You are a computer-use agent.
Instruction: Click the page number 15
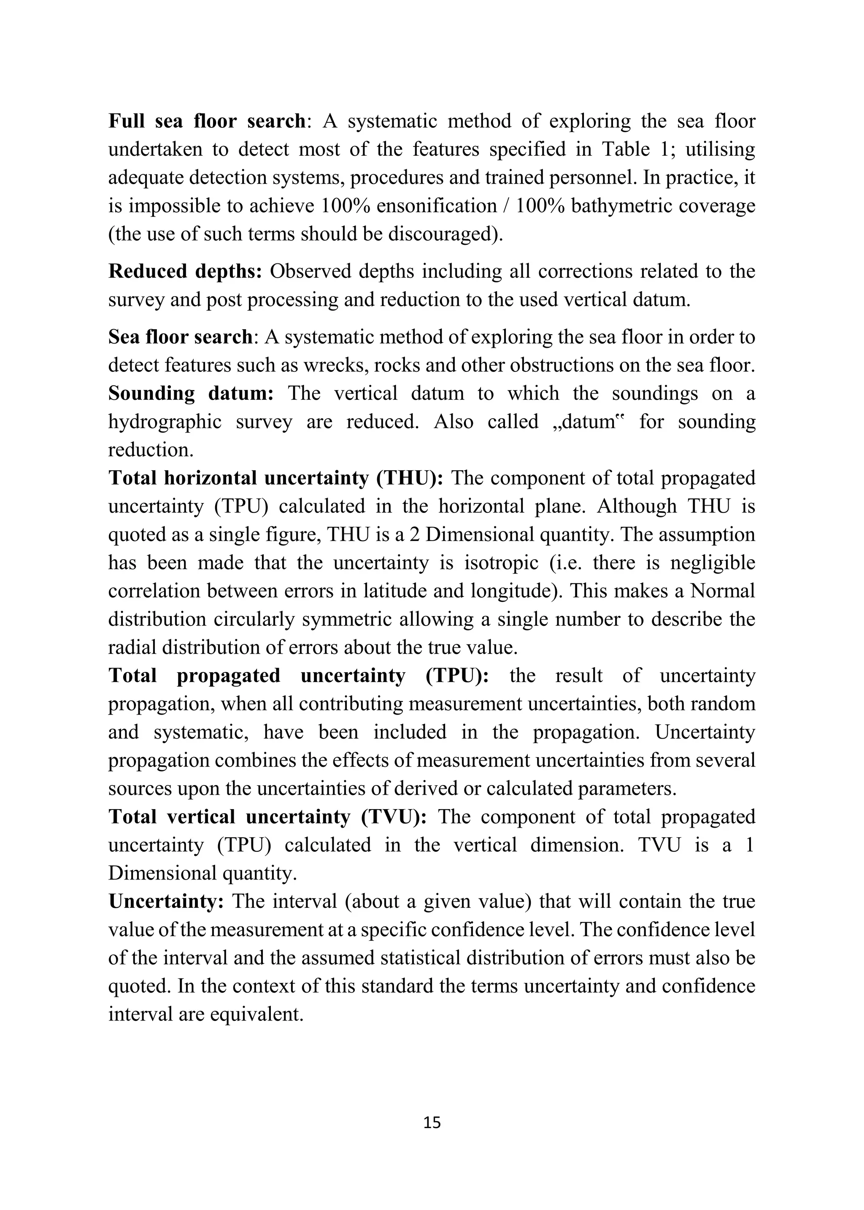[x=432, y=1122]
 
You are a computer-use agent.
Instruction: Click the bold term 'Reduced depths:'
[x=185, y=271]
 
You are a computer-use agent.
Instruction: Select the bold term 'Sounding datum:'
[x=191, y=393]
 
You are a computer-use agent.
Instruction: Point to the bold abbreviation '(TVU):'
[x=394, y=817]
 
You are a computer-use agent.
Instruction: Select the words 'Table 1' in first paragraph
[x=634, y=149]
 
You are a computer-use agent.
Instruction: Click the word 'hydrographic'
[x=165, y=422]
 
